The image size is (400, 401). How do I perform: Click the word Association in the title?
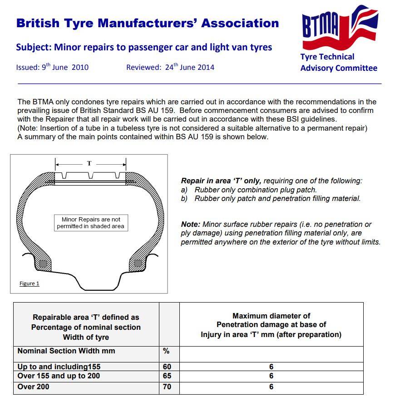coord(240,23)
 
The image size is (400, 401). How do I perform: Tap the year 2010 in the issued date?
coord(80,68)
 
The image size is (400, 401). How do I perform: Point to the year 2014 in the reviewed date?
coord(206,68)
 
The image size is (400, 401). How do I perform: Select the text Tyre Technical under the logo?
coord(327,57)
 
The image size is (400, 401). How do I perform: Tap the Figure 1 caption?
coord(29,284)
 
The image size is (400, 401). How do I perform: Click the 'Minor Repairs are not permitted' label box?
coord(90,222)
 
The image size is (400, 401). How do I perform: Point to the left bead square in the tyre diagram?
coord(43,264)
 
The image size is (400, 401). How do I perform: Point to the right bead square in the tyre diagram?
coord(138,263)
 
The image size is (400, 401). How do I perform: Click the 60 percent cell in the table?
coord(167,367)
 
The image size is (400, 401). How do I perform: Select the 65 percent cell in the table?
coord(167,376)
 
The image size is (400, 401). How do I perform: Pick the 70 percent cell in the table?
coord(167,387)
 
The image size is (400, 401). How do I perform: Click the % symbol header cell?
coord(166,351)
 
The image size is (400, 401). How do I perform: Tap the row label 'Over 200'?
coord(34,386)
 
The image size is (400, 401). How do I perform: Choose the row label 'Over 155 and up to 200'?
coord(59,376)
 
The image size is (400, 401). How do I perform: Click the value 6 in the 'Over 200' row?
coord(272,387)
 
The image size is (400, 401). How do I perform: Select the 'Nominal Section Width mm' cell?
coord(66,351)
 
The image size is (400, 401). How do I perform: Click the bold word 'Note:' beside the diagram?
coord(191,224)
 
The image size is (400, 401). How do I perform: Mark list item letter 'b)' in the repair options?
coord(184,198)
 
